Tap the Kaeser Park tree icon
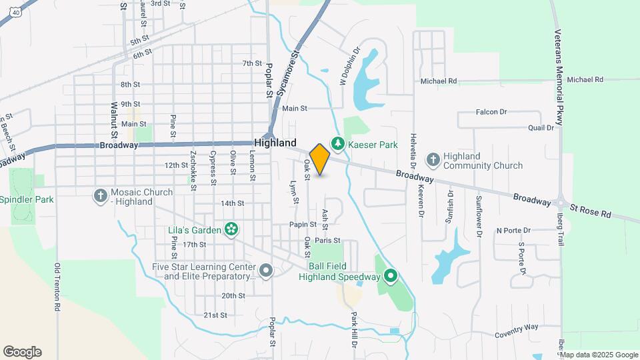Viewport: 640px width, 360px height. coord(339,144)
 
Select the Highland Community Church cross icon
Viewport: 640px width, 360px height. coord(433,159)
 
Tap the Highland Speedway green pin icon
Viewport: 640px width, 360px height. coord(391,276)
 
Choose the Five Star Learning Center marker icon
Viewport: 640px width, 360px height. coord(265,271)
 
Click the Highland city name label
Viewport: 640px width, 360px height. coord(275,143)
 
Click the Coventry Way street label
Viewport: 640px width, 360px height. coord(517,327)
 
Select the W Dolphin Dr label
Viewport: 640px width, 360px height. coord(344,65)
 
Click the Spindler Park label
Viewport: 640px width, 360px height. coord(27,199)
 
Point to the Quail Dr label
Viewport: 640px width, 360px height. coord(541,127)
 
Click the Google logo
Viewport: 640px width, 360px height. coord(22,352)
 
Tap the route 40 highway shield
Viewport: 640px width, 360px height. coord(15,12)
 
